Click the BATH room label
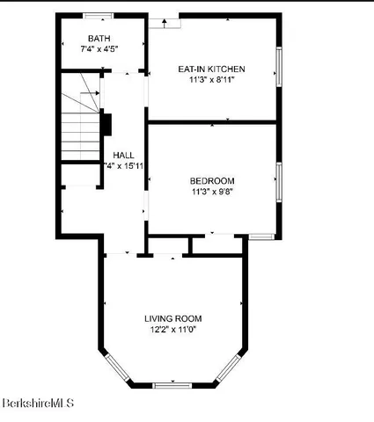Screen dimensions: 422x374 (100, 38)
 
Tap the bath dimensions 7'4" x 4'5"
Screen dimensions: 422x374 (100, 48)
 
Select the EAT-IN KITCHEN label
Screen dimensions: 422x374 (211, 69)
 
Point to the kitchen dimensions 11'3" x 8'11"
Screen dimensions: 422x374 (211, 79)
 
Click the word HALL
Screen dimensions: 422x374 (123, 155)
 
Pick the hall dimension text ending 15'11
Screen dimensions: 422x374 (124, 165)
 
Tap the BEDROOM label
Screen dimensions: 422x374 (211, 181)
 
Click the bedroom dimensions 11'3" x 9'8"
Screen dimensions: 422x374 (211, 192)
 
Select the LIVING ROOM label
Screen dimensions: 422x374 (173, 318)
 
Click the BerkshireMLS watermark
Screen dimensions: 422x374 (37, 404)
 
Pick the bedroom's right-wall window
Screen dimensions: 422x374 (279, 180)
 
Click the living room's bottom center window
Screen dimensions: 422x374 (172, 385)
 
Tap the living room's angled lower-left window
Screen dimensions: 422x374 (116, 367)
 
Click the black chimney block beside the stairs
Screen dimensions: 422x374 (106, 123)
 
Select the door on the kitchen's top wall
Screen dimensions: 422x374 (164, 21)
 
